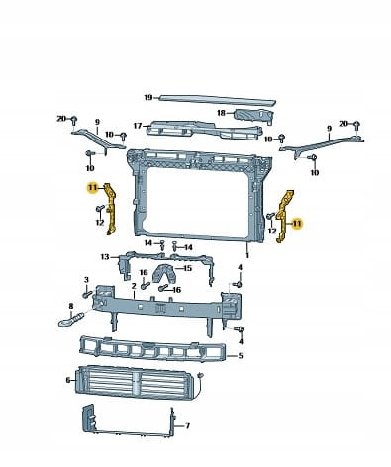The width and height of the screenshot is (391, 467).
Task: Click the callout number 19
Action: (x=148, y=97)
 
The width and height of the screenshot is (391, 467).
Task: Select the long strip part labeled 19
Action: (x=217, y=100)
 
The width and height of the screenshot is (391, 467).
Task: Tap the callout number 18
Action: (x=221, y=113)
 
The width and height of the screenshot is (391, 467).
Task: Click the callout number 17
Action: (x=138, y=126)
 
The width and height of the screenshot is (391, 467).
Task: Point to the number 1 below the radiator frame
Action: (x=247, y=255)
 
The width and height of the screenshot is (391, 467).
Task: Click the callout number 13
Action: (x=105, y=257)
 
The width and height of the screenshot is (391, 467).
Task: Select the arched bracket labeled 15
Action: (x=164, y=273)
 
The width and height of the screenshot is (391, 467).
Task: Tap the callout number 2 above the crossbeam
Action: (x=134, y=286)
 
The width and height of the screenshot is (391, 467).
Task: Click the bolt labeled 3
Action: (x=87, y=293)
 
